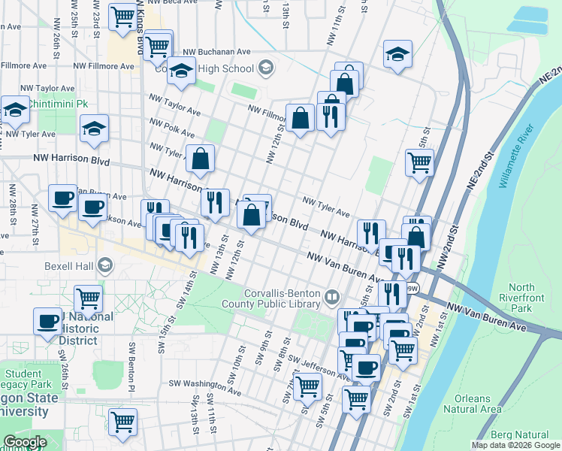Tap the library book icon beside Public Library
(331, 299)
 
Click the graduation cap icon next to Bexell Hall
(106, 265)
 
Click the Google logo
(25, 442)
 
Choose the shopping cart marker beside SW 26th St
(88, 299)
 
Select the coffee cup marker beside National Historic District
(48, 321)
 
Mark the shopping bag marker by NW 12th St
(300, 119)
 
